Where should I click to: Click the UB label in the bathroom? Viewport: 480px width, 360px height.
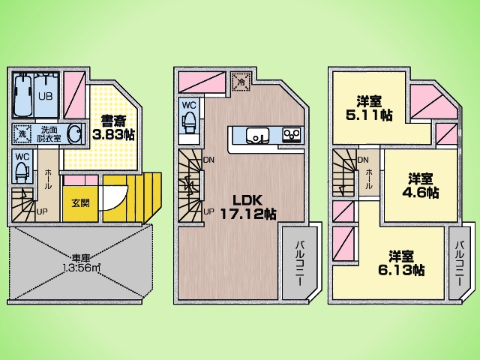coord(44,97)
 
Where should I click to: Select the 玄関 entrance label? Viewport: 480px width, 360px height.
coord(79,202)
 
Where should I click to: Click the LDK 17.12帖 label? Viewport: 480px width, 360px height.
coord(247,207)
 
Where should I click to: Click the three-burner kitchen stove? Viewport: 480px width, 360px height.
coord(291,135)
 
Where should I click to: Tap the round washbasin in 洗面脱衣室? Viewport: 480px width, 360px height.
coord(73,133)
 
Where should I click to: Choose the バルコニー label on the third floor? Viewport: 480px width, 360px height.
coord(461,266)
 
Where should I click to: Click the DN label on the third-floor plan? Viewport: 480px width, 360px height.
coord(363,160)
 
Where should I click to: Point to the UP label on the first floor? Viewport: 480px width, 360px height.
coord(42,211)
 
